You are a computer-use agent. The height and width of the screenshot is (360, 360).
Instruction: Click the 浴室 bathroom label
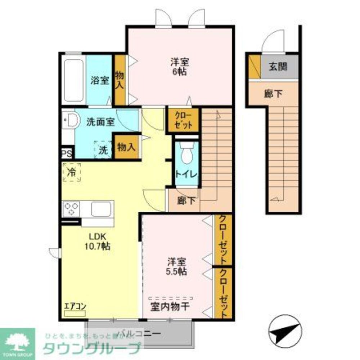100,80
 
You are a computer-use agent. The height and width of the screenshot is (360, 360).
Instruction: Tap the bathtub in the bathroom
74,80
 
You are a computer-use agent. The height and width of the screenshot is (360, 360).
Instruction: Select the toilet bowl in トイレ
187,154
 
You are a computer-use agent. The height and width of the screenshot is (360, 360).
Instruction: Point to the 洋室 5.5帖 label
176,266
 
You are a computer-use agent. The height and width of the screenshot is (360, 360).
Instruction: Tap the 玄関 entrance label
278,67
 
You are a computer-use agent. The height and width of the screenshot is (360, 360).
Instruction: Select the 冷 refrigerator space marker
72,172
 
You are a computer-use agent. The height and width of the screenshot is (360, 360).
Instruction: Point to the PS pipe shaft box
67,154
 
